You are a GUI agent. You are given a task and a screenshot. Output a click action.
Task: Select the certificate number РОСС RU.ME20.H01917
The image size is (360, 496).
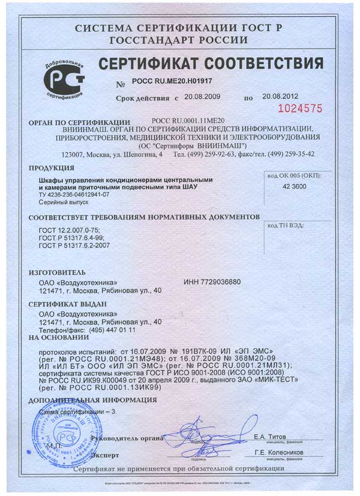(162, 80)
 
